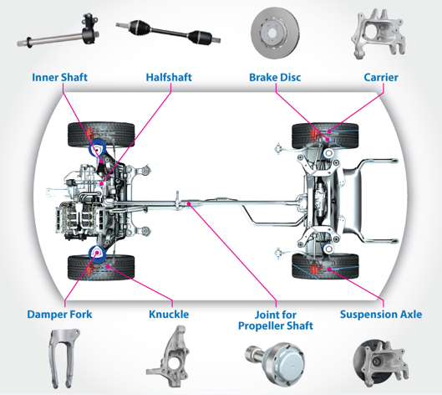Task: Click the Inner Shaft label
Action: [x=59, y=77]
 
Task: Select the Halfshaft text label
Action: [x=169, y=77]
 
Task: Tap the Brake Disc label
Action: [x=275, y=77]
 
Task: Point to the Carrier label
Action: [x=381, y=77]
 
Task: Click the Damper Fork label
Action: [x=59, y=315]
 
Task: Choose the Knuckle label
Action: [x=169, y=315]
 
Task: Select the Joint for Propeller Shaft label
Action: [x=276, y=321]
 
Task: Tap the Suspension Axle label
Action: [x=381, y=315]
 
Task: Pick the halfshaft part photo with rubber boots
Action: [x=168, y=32]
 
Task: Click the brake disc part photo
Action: [x=275, y=33]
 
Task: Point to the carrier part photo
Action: [x=378, y=33]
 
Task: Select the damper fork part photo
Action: [x=64, y=357]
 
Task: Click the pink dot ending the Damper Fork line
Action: [x=98, y=253]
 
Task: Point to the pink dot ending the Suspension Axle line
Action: [x=329, y=269]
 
